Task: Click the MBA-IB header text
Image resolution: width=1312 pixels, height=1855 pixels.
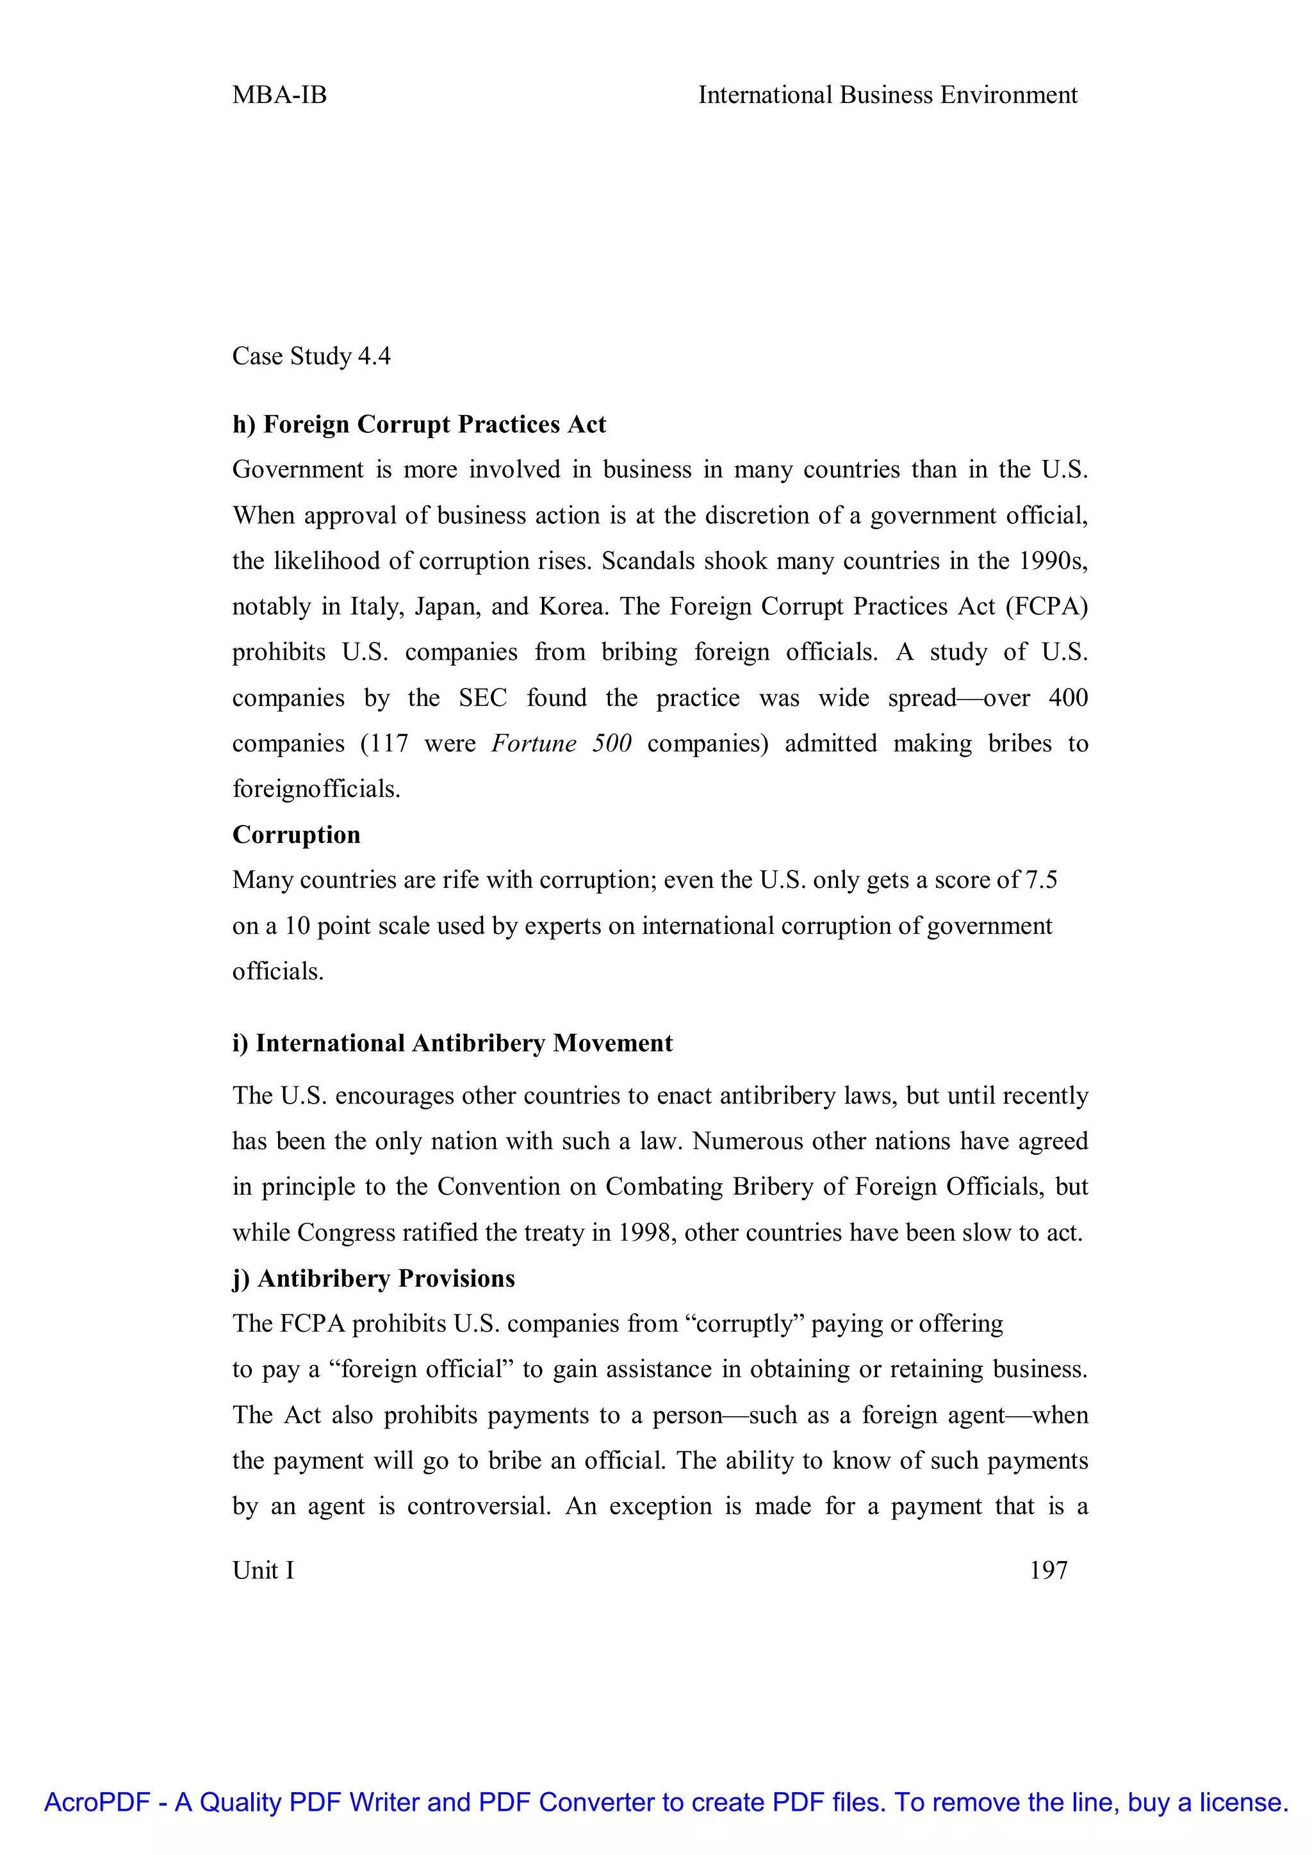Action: (x=279, y=95)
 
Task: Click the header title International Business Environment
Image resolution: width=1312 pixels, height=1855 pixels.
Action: (x=887, y=95)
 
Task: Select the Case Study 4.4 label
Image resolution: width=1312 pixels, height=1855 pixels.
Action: (x=311, y=356)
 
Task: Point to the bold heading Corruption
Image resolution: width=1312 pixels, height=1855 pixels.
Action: (x=297, y=835)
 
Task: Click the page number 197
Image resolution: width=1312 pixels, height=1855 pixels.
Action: (x=1049, y=1570)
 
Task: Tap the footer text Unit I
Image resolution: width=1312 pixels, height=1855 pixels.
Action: (x=263, y=1570)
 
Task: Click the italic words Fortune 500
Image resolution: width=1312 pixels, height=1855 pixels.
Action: (x=561, y=743)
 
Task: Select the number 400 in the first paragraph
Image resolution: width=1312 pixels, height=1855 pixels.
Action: (x=1068, y=698)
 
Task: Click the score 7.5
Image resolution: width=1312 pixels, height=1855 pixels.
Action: (x=1042, y=880)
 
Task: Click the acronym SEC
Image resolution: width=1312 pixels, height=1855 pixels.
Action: (x=482, y=698)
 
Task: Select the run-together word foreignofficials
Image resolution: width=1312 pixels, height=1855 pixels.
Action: (x=316, y=789)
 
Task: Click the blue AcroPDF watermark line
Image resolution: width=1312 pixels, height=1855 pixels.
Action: (x=666, y=1802)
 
